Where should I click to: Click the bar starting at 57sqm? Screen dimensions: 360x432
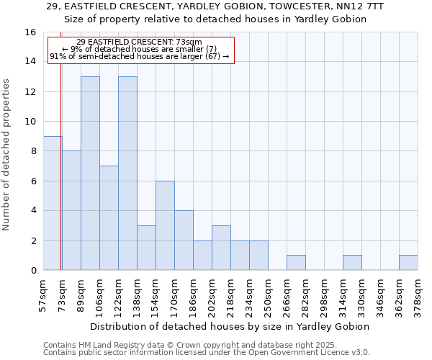coord(52,203)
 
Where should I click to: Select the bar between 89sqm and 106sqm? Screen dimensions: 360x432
coord(90,173)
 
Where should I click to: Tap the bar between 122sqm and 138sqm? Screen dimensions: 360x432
coord(127,173)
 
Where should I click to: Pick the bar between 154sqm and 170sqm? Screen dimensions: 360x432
coord(165,225)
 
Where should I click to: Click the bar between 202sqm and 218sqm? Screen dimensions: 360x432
coord(221,248)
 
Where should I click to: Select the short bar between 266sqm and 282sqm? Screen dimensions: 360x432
coord(296,263)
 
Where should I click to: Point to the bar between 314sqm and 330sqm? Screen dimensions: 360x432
coord(352,263)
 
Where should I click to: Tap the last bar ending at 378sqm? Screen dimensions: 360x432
coord(408,263)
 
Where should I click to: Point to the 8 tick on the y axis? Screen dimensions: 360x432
coord(34,151)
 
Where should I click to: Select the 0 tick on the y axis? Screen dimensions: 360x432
coord(34,271)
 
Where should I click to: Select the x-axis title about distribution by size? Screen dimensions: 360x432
coord(230,326)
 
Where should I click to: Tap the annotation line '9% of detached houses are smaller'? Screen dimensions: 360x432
coord(140,49)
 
